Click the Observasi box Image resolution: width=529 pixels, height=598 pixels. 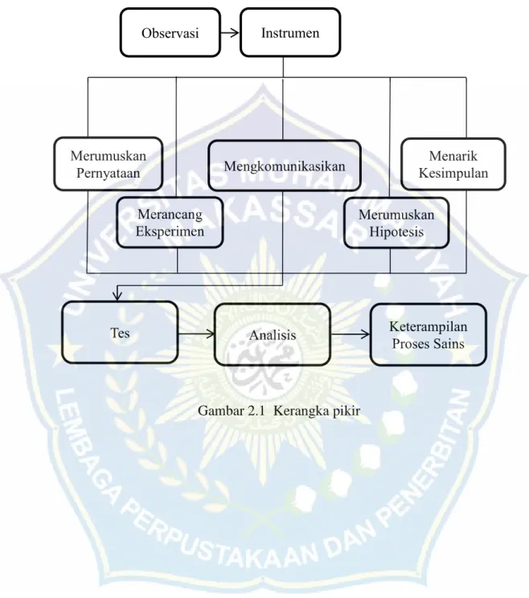[x=170, y=33]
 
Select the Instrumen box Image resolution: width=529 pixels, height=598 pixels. [x=290, y=33]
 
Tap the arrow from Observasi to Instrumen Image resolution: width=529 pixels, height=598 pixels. [x=230, y=33]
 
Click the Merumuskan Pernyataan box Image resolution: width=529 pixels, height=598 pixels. [x=109, y=164]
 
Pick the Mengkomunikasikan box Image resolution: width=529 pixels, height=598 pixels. [x=285, y=166]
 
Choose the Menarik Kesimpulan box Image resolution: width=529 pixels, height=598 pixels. [x=453, y=164]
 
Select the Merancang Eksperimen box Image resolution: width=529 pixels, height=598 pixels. [x=170, y=223]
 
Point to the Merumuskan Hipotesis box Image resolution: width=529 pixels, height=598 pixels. [x=396, y=223]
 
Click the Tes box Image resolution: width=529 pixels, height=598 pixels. [x=120, y=332]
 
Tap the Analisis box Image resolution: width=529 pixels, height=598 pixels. [x=273, y=334]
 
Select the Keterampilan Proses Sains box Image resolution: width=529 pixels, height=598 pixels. [x=428, y=334]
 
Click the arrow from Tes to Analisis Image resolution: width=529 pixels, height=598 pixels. [x=196, y=334]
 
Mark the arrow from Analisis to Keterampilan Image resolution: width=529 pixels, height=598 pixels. [x=351, y=334]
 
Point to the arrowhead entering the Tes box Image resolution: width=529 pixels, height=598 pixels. [x=117, y=297]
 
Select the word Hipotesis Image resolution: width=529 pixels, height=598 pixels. [x=396, y=231]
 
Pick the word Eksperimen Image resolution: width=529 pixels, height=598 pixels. [x=170, y=231]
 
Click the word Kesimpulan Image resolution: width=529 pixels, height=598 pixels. [x=453, y=173]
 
